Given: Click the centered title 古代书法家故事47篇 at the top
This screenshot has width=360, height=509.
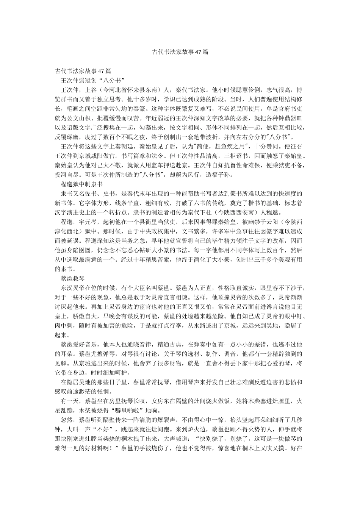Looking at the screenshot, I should (x=180, y=52).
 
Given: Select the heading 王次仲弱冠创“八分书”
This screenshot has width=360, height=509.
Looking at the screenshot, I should (x=93, y=80).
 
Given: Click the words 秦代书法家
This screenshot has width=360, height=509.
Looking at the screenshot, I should (x=191, y=90).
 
